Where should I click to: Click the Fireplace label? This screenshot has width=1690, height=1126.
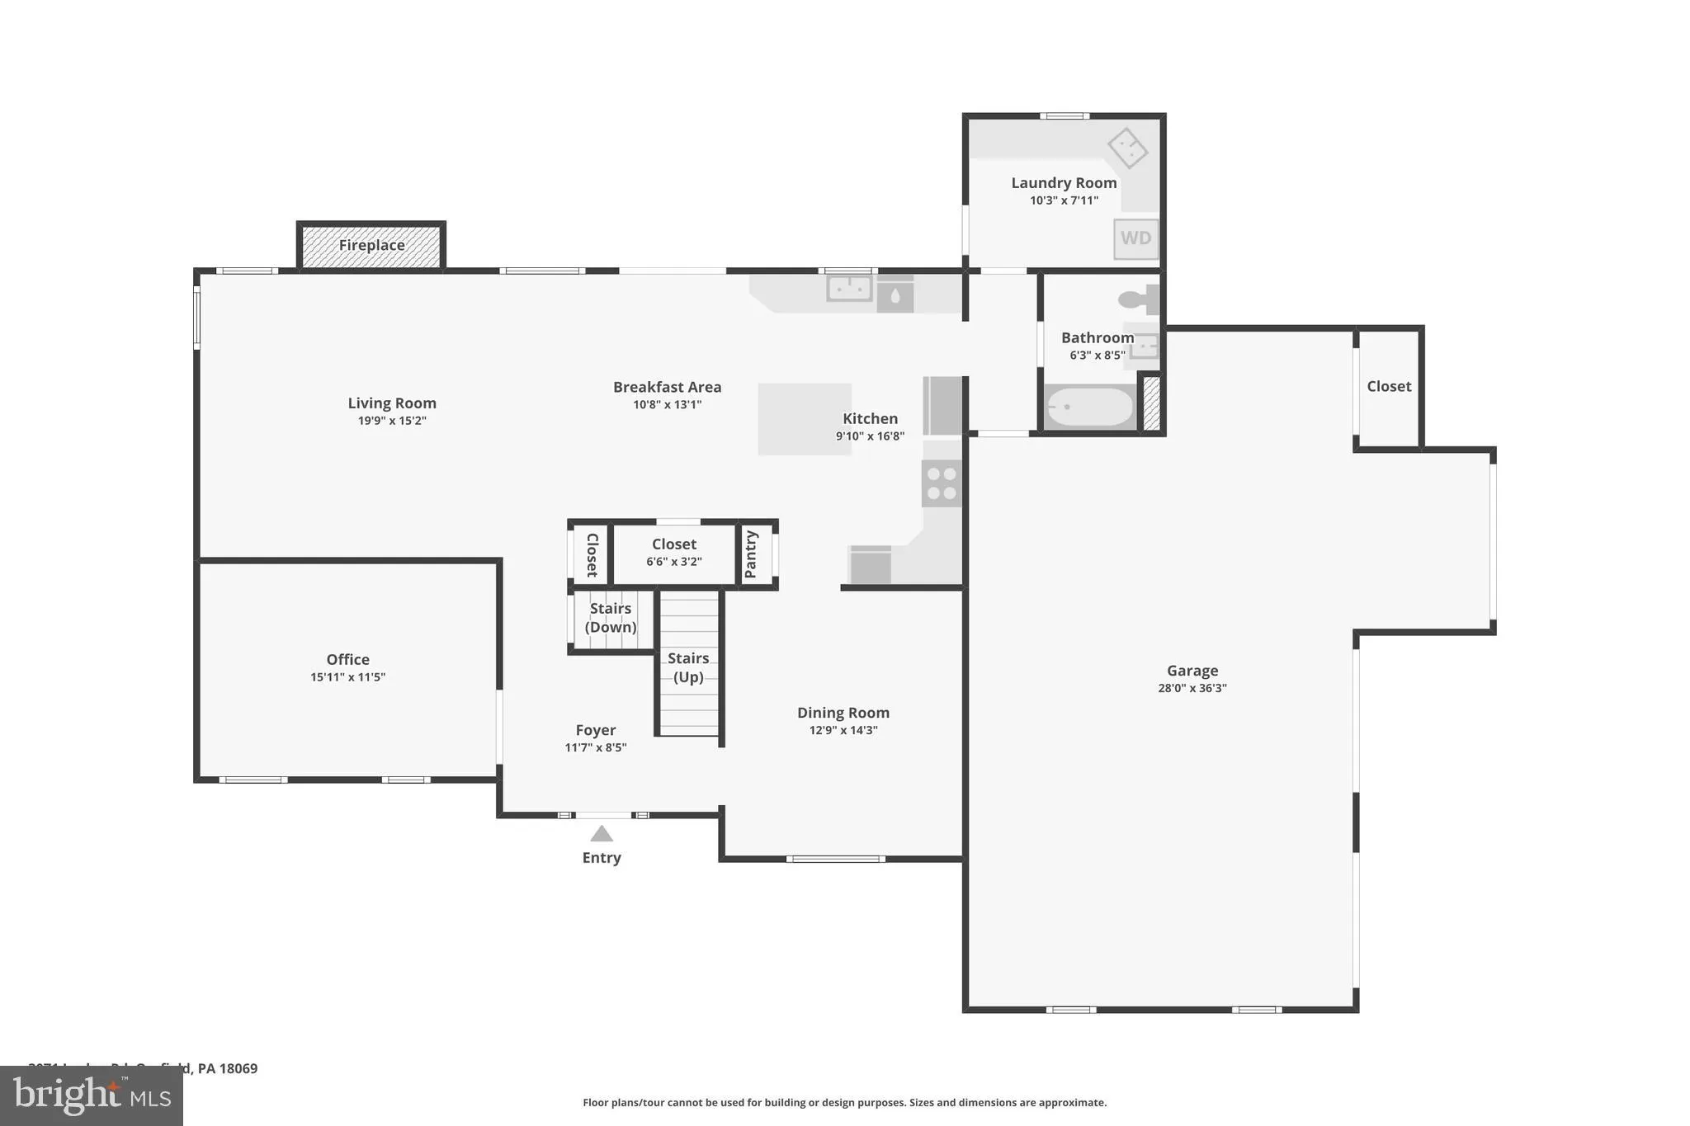point(371,245)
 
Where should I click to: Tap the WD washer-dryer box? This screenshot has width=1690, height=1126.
point(1135,238)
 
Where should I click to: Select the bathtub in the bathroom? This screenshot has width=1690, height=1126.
point(1089,408)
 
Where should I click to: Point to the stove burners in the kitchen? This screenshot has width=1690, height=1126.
point(942,483)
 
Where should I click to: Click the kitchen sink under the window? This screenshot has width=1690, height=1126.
point(849,289)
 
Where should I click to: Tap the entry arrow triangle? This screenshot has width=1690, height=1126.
point(602,834)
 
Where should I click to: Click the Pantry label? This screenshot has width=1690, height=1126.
point(751,554)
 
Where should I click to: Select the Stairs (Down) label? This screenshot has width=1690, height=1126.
point(611,618)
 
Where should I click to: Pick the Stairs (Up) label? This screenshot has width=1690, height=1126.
point(688,667)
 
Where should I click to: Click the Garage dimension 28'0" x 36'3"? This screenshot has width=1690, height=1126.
point(1192,688)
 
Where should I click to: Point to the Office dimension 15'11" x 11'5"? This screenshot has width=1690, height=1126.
point(347,677)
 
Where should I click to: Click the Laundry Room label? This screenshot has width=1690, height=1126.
point(1064,183)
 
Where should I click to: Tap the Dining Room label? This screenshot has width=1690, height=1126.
point(843,713)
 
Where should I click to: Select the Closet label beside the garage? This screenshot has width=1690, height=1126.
point(1389,386)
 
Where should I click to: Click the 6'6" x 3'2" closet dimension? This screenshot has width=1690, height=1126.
point(673,562)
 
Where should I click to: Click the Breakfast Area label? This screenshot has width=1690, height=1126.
point(667,387)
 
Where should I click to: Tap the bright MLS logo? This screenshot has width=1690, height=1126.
point(91,1096)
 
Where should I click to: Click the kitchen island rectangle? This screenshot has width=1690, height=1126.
point(804,419)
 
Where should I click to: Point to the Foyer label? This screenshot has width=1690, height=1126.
point(595,730)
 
